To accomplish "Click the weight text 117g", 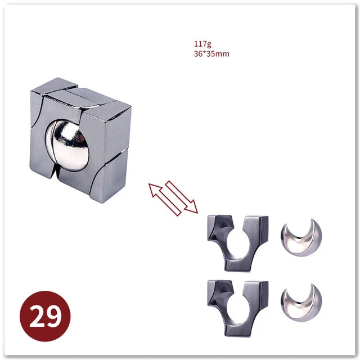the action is tap(202, 44).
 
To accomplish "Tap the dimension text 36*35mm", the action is tap(211, 54).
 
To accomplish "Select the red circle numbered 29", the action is tap(45, 316).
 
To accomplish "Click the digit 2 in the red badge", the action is tap(38, 317).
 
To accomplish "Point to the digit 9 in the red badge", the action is tap(54, 317).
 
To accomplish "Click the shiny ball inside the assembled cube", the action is tap(67, 145).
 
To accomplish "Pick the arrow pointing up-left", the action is tap(165, 199).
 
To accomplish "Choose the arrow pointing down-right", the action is tap(181, 197).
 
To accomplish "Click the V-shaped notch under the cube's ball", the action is tap(56, 173).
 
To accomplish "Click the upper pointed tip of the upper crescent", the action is tap(313, 219).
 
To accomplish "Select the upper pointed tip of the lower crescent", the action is tap(313, 285).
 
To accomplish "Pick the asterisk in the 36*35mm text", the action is tap(205, 52).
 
